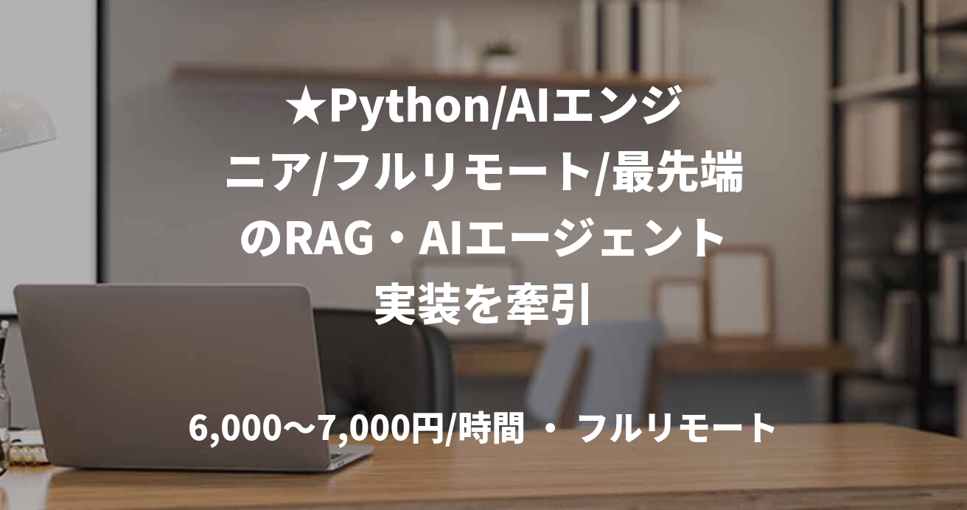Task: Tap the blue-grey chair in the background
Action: coord(604,361)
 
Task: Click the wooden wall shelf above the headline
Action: coord(442,76)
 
